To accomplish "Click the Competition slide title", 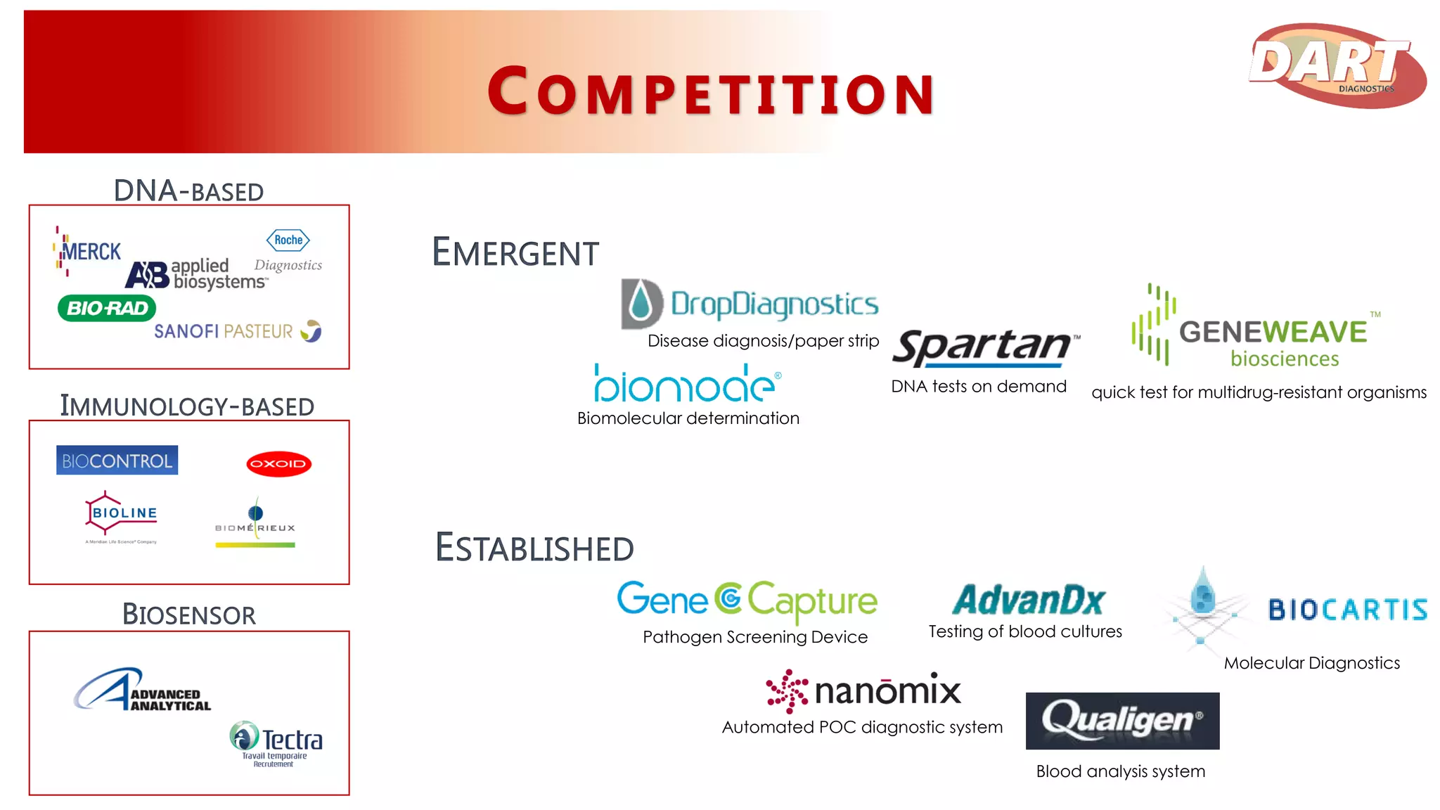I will (710, 92).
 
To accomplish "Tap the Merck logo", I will (87, 251).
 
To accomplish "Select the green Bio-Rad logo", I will (107, 308).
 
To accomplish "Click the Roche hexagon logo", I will (288, 240).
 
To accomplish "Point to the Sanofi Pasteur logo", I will (237, 331).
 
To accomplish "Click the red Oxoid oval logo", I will (279, 463).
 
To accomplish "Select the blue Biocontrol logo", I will (117, 461).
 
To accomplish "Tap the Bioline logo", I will (121, 515).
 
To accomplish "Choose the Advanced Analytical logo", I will (143, 690).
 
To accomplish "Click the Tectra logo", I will (276, 742).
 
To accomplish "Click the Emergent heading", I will (515, 252).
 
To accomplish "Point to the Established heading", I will (534, 548).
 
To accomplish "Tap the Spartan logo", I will (984, 347).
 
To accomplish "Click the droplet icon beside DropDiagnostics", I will (641, 304).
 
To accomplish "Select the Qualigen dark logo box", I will (1122, 721).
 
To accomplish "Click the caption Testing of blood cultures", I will (1024, 631).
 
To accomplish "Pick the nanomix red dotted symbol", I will (787, 690).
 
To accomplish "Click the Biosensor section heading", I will (188, 615).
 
